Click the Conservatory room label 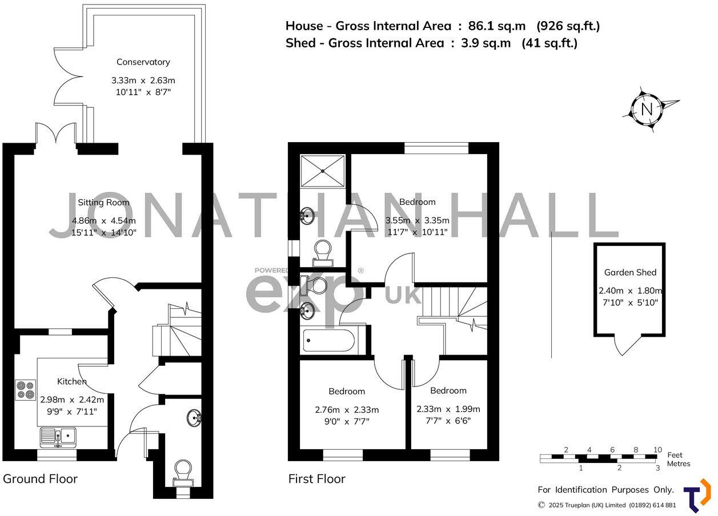[x=143, y=62]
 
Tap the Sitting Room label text [x=103, y=203]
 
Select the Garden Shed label [x=630, y=273]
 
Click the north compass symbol [x=647, y=110]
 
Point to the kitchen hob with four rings [x=26, y=389]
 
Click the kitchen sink [x=59, y=437]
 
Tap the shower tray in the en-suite [x=323, y=170]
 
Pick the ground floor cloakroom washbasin [x=194, y=418]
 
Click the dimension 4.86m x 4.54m [x=103, y=221]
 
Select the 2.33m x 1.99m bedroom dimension [x=448, y=409]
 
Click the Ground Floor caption [x=40, y=478]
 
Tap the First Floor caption [x=316, y=479]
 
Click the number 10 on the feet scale [x=657, y=450]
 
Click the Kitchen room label [x=72, y=381]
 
